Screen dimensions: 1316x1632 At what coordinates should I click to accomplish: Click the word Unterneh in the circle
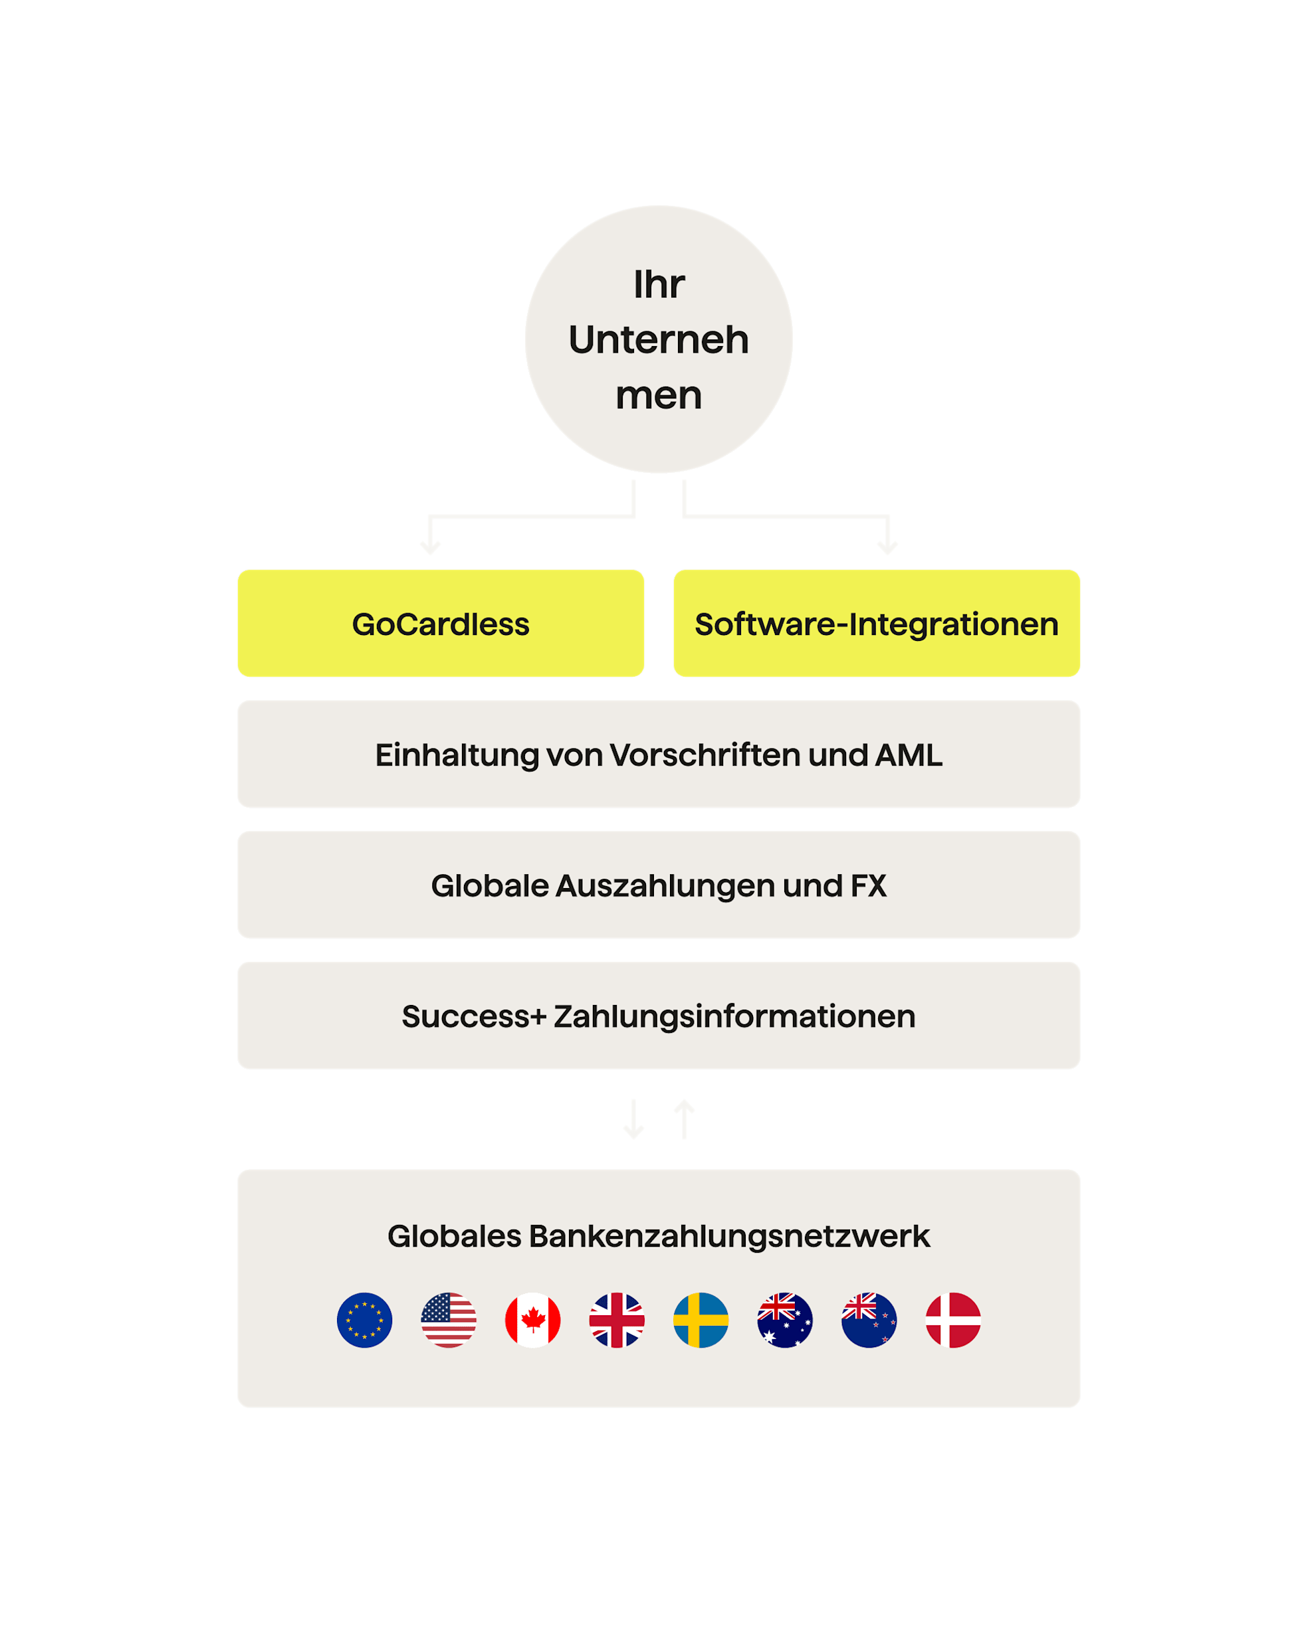[x=658, y=339]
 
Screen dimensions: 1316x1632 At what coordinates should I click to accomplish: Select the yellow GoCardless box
[x=441, y=624]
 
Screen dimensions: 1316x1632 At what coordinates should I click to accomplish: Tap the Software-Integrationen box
[x=876, y=624]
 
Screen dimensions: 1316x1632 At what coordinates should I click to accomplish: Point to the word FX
[x=868, y=885]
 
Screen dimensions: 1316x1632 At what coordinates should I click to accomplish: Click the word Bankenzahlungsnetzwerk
[x=728, y=1235]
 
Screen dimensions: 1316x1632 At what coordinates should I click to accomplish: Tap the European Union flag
[x=365, y=1320]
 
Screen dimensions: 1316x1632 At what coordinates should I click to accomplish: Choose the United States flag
[x=449, y=1320]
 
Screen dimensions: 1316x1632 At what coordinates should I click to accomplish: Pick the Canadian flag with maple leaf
[x=533, y=1320]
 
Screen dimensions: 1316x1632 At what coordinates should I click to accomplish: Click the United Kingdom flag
[x=617, y=1320]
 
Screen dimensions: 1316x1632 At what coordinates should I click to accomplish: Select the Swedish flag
[x=701, y=1320]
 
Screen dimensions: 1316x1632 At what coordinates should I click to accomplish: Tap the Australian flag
[x=786, y=1320]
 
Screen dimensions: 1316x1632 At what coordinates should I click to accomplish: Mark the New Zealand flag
[x=869, y=1320]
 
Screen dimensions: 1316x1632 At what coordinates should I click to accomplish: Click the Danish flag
[x=954, y=1320]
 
